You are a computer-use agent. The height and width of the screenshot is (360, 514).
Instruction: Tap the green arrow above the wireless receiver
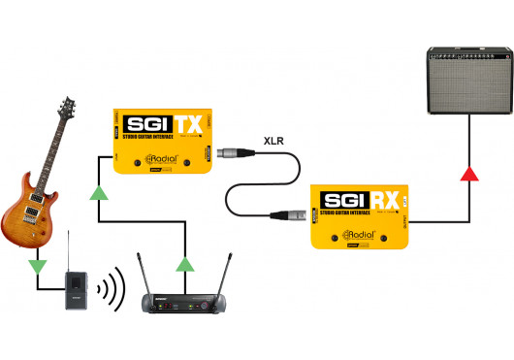(186, 261)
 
